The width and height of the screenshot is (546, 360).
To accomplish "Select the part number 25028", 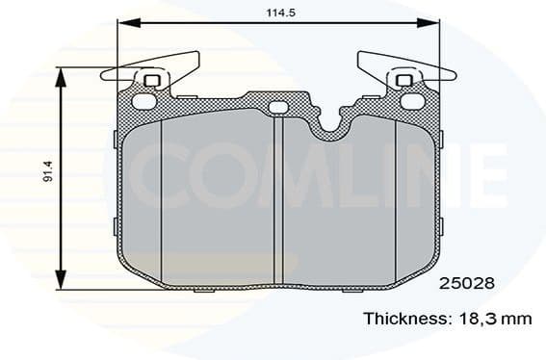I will click(x=467, y=284).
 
